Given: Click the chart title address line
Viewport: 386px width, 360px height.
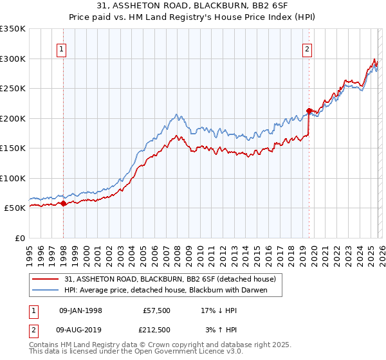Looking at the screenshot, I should pyautogui.click(x=193, y=6).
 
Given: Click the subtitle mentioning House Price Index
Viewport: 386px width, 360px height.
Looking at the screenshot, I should pyautogui.click(x=193, y=17).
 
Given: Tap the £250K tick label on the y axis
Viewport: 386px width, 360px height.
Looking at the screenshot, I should pyautogui.click(x=13, y=89).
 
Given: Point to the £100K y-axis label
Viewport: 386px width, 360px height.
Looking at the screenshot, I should pyautogui.click(x=13, y=178).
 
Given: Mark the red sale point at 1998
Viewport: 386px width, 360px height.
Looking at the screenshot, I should pyautogui.click(x=64, y=204).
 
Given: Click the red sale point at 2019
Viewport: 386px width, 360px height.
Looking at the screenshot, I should pyautogui.click(x=309, y=111).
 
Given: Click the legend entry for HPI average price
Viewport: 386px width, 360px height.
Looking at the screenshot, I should pyautogui.click(x=165, y=290).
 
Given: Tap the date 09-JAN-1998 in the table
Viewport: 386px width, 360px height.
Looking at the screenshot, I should pyautogui.click(x=80, y=310).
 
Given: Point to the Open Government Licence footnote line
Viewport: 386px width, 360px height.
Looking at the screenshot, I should pyautogui.click(x=136, y=353).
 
